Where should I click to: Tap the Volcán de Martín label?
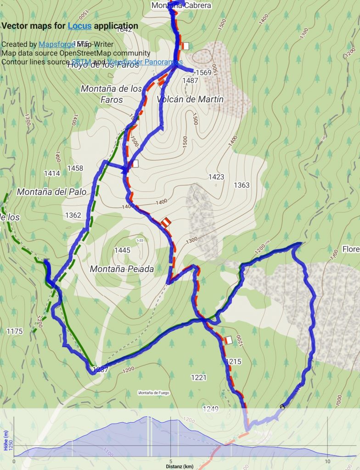click(x=190, y=99)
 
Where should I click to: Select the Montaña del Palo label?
click(x=51, y=192)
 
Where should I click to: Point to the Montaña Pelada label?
click(x=122, y=269)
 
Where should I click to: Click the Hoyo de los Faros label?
click(x=103, y=65)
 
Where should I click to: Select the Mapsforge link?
click(x=56, y=45)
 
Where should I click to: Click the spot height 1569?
click(x=203, y=73)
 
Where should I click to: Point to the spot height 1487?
click(x=190, y=81)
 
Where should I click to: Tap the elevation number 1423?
click(x=216, y=177)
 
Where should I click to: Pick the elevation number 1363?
click(x=242, y=185)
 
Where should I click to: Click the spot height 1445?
click(x=122, y=250)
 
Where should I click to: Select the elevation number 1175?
click(x=15, y=331)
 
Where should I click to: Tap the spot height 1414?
click(x=52, y=173)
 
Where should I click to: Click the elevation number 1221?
click(x=198, y=377)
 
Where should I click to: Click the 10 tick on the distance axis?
click(x=327, y=461)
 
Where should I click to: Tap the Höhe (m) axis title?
click(x=6, y=440)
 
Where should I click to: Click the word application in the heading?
click(x=116, y=26)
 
